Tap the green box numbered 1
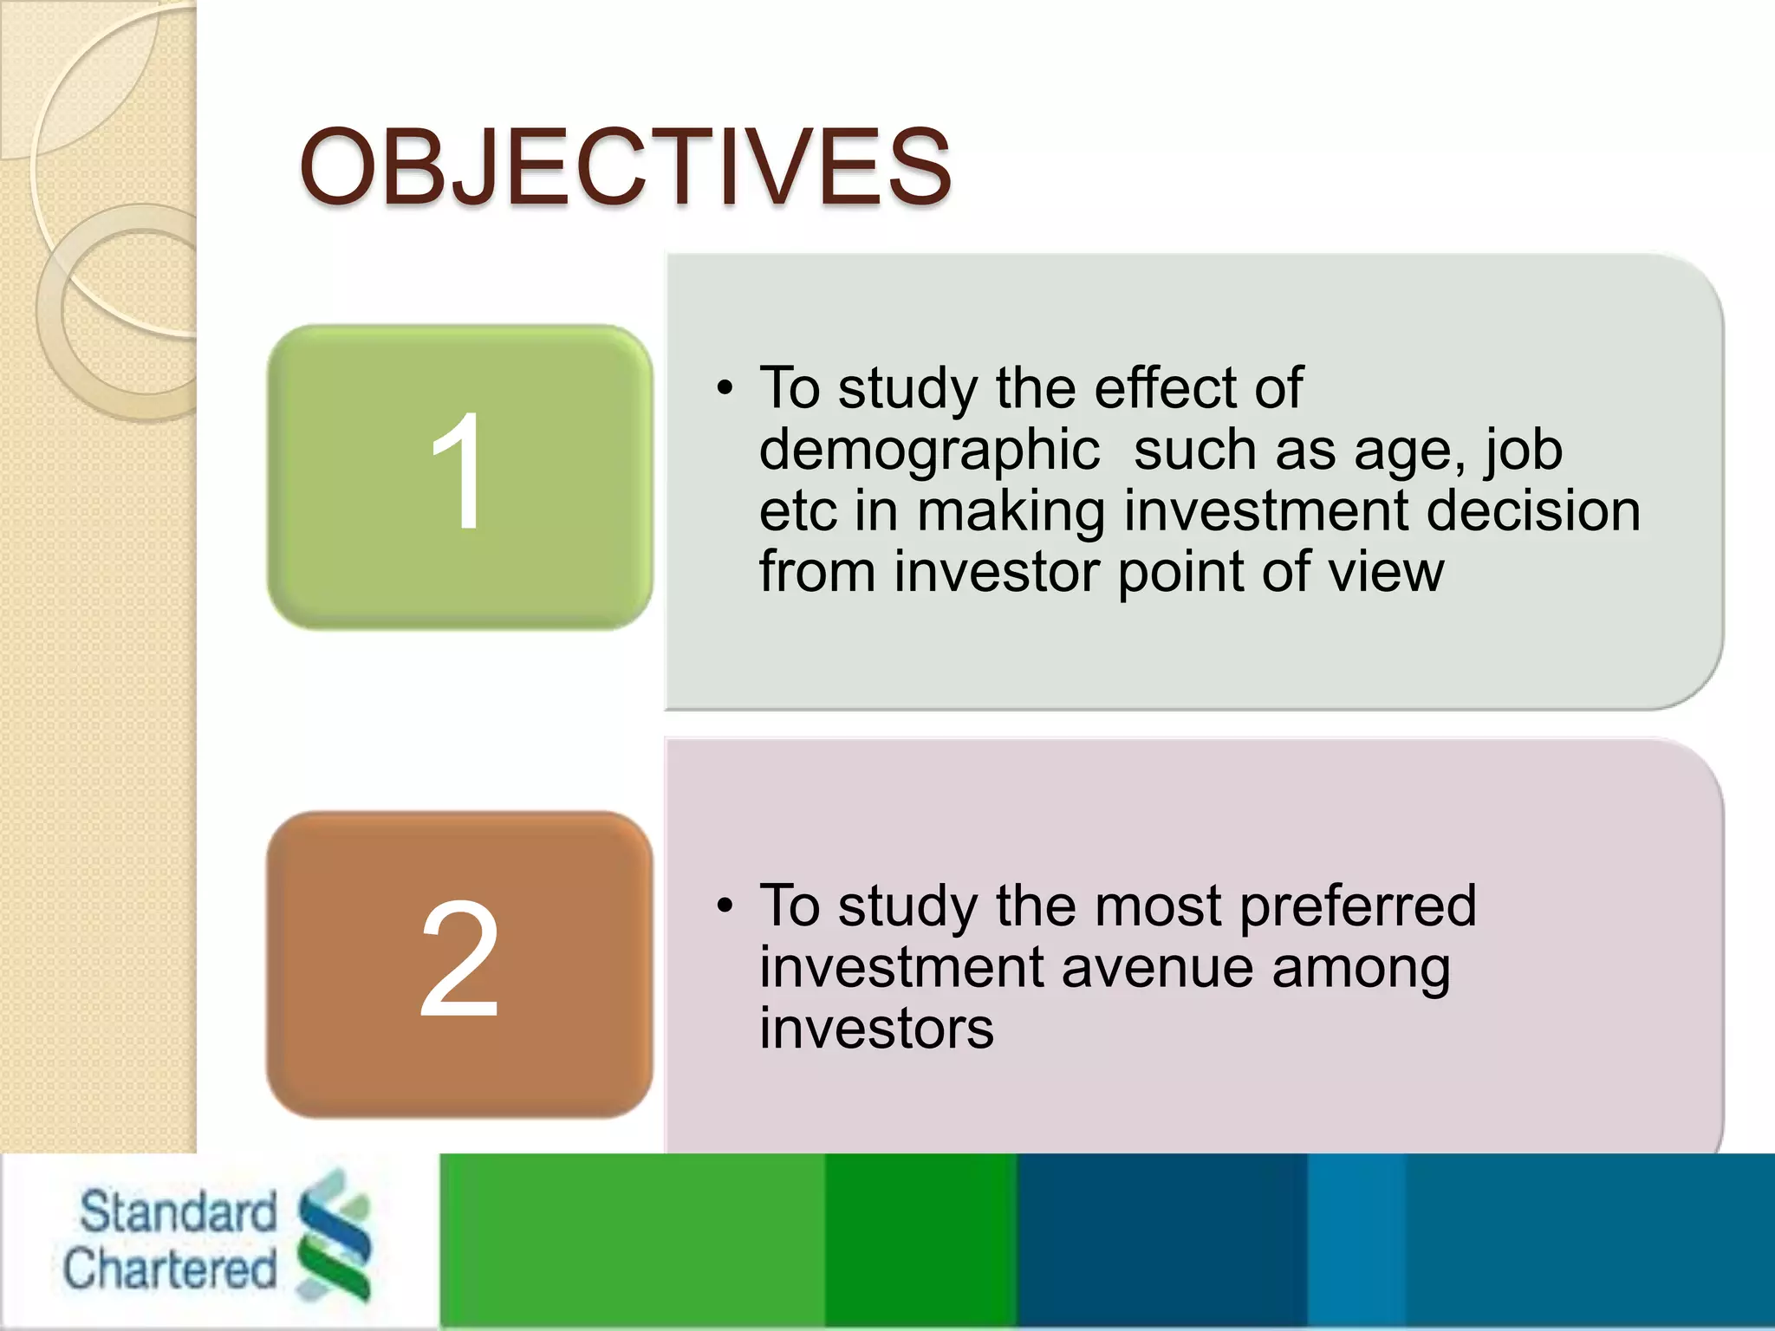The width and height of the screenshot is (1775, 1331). (459, 477)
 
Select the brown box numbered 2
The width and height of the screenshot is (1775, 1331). (459, 964)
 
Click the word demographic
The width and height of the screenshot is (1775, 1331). (929, 452)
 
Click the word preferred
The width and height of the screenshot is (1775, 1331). (1357, 907)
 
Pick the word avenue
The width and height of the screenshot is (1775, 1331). (1156, 968)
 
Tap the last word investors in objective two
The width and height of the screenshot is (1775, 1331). (876, 1029)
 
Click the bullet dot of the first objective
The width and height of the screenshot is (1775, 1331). (725, 389)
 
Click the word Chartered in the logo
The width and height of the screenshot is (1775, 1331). (170, 1269)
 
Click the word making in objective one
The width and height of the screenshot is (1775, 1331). (1011, 513)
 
